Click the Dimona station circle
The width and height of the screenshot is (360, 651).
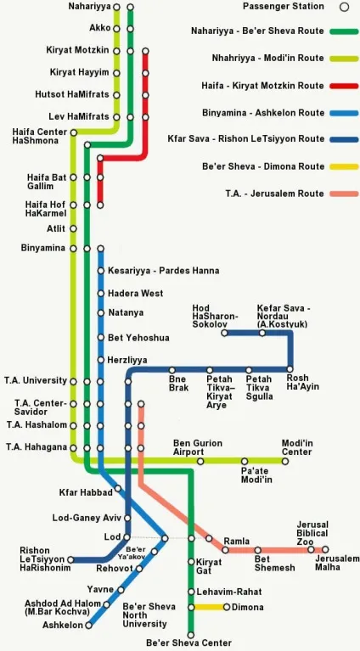click(227, 607)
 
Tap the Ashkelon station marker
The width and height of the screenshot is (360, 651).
click(88, 625)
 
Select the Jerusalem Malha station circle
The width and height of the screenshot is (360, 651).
click(325, 549)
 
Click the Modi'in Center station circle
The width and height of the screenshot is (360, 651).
click(284, 461)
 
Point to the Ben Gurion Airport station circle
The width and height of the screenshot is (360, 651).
click(200, 461)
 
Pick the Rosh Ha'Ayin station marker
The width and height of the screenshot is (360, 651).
click(290, 369)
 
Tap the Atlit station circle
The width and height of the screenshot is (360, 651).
click(74, 228)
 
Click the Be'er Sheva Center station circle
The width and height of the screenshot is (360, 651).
click(190, 635)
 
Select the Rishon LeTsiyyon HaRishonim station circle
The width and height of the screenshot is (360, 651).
click(70, 559)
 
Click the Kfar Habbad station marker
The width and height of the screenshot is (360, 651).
click(118, 488)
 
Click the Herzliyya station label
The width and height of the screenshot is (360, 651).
click(127, 360)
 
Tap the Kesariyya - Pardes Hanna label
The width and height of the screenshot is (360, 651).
click(164, 271)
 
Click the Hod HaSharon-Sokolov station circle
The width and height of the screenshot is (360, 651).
click(224, 333)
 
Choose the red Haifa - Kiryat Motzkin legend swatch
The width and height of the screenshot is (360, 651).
click(344, 86)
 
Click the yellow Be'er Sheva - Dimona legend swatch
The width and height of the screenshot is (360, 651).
click(344, 167)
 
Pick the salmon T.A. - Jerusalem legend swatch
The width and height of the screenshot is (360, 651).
click(344, 194)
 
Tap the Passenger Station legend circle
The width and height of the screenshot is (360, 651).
click(344, 7)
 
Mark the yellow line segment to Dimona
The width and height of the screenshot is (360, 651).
click(208, 607)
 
